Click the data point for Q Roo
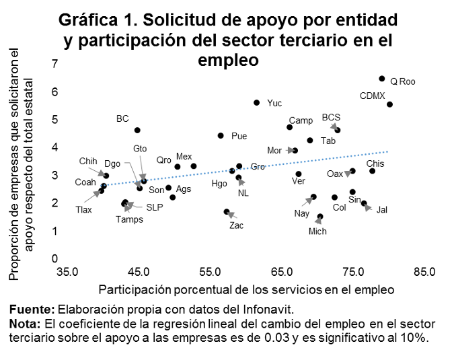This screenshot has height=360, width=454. [382, 79]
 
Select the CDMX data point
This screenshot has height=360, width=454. [390, 104]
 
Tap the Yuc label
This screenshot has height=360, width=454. [274, 103]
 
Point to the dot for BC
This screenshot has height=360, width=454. [137, 130]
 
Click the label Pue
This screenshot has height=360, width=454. [239, 136]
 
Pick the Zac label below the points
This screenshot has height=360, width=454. [236, 225]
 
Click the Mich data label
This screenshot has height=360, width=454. [317, 231]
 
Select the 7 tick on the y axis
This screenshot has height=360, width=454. [54, 64]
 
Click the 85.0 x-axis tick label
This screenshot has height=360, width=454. [425, 273]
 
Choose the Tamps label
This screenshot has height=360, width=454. [129, 219]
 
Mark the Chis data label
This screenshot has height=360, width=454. [375, 164]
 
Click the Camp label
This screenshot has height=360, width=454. [301, 120]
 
